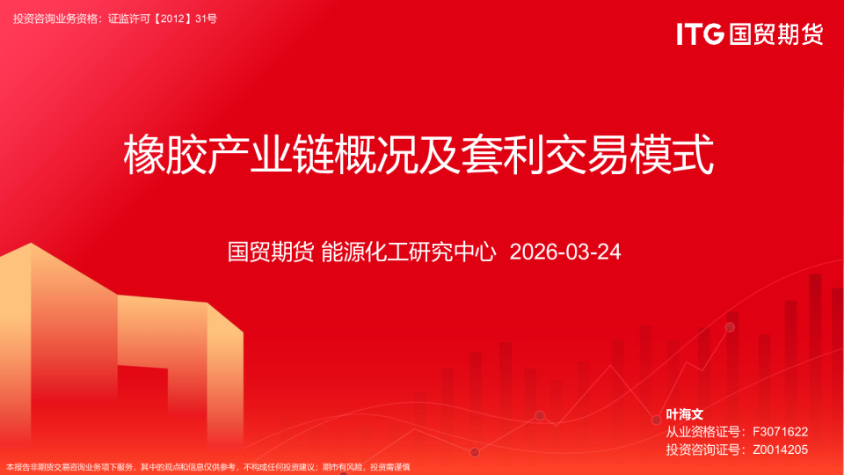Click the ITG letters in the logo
[700, 34]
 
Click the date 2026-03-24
[565, 252]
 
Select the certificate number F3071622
[780, 432]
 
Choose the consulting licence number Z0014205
[780, 449]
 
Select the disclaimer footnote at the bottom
[208, 467]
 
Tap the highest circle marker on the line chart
[730, 327]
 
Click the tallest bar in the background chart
[815, 352]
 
